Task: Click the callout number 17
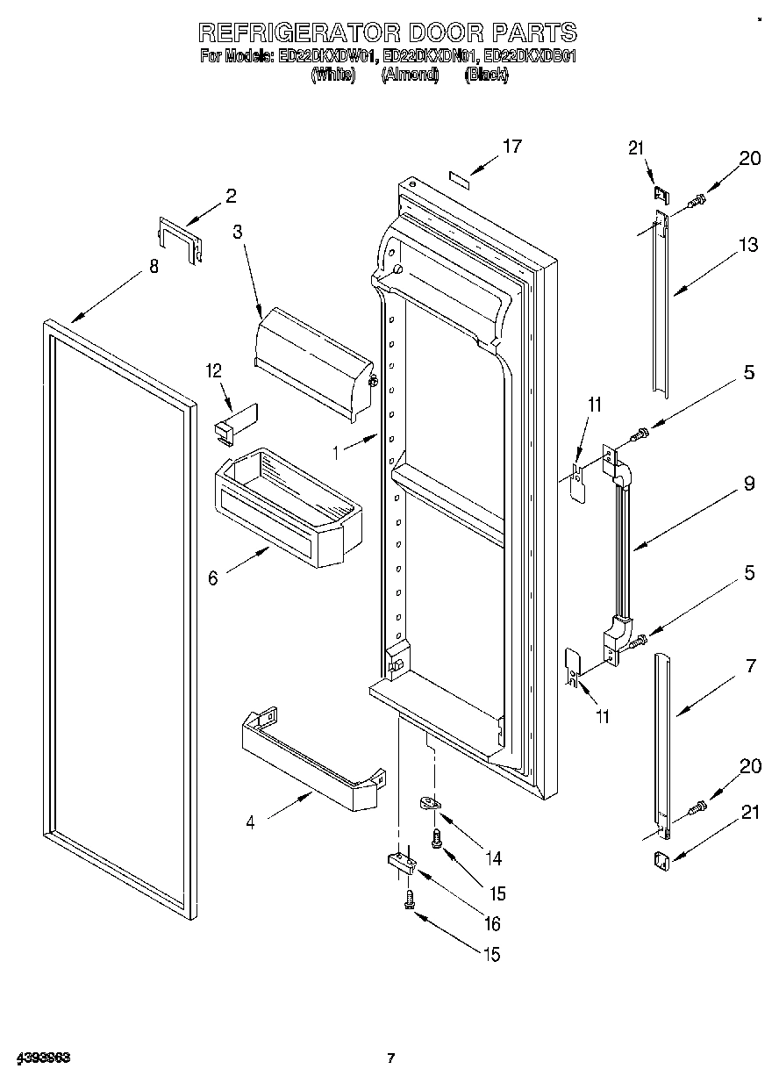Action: click(x=512, y=147)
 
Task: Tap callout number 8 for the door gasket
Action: click(x=154, y=267)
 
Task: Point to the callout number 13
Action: click(x=748, y=246)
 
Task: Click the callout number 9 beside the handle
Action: click(x=748, y=484)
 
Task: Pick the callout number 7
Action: click(x=749, y=667)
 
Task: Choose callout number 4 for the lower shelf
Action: click(x=251, y=823)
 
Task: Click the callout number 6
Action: click(x=213, y=578)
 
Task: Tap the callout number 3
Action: click(x=237, y=233)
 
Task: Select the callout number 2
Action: click(x=231, y=196)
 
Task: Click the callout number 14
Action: click(x=496, y=857)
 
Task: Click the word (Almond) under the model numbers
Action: click(x=409, y=75)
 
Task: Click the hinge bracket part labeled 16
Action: click(x=402, y=864)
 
